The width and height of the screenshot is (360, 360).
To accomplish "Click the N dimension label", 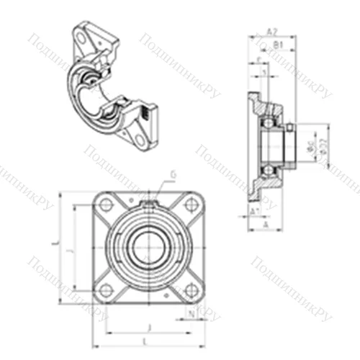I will tap(191, 313).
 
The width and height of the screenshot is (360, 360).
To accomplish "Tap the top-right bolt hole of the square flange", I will tap(190, 205).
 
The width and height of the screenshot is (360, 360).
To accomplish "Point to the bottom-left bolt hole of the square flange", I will tap(106, 289).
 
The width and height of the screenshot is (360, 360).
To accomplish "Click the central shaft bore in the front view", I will tap(148, 248).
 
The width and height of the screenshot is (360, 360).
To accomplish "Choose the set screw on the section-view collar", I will tap(289, 128).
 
